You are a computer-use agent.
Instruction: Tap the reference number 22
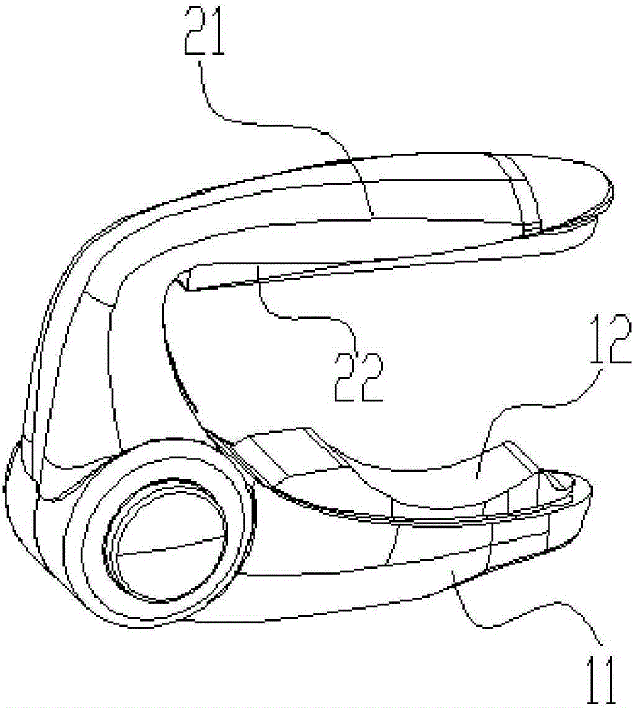pyautogui.click(x=359, y=377)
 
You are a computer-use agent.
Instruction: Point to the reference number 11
pyautogui.click(x=601, y=680)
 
